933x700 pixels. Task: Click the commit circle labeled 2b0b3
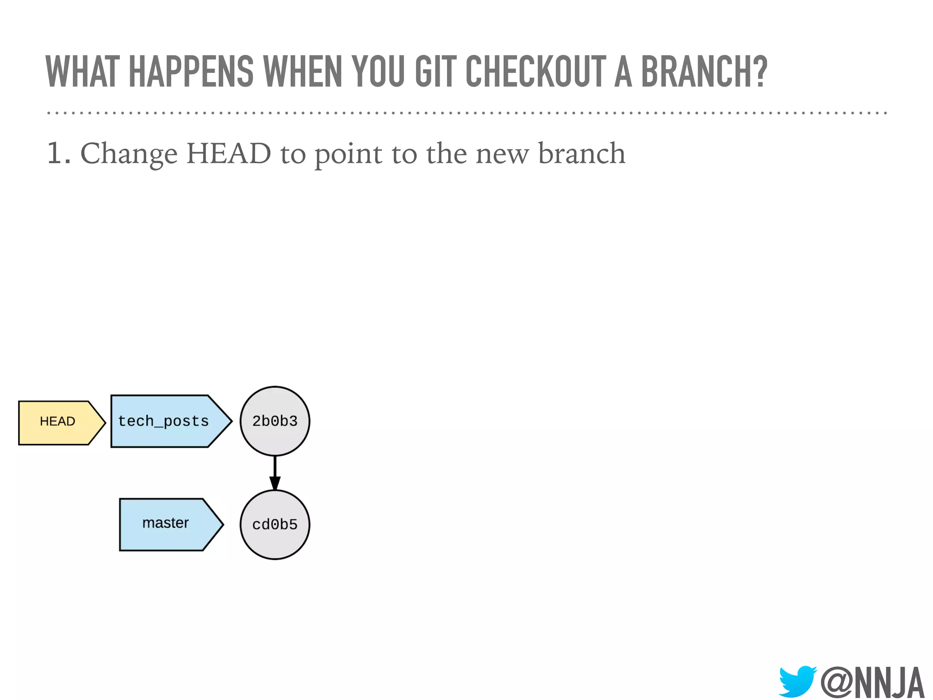275,421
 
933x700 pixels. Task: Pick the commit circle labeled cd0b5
275,525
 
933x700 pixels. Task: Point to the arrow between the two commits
275,474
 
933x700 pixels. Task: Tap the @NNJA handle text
872,682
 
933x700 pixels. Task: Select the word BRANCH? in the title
704,72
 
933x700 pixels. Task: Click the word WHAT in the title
82,72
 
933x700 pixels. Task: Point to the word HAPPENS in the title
191,72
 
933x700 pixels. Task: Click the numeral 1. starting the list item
58,154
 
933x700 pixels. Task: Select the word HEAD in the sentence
229,154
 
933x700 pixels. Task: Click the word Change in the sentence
129,154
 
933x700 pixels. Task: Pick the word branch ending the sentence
582,154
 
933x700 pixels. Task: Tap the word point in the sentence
349,154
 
